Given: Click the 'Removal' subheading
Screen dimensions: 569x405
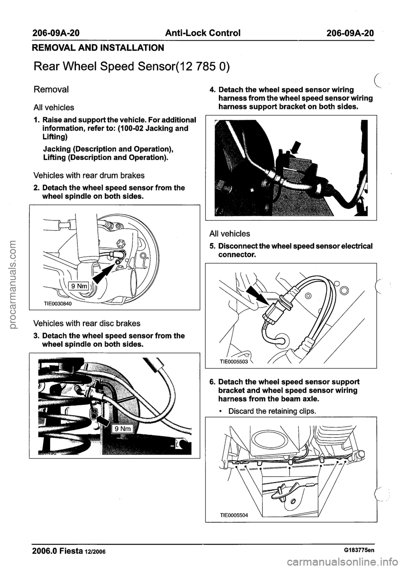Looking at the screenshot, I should tap(52, 89).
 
